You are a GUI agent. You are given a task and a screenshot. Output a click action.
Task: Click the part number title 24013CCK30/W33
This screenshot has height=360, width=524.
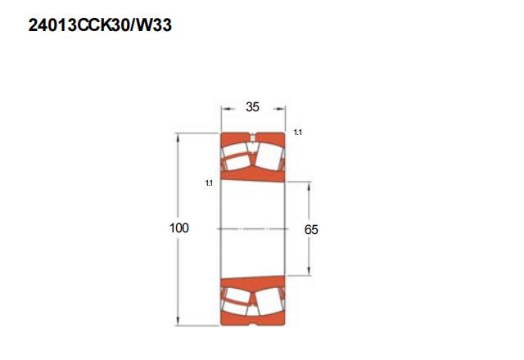coord(100,25)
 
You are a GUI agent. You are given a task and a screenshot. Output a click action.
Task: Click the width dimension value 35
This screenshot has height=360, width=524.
coord(252,107)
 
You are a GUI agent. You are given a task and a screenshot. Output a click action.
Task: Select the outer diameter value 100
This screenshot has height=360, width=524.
coord(179,227)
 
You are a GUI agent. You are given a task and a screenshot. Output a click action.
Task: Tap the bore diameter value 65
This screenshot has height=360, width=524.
coord(311,229)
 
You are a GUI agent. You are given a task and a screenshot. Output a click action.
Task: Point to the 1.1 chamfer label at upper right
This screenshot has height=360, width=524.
coord(298,133)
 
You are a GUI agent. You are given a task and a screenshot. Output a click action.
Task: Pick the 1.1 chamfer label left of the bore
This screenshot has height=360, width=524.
coord(209,183)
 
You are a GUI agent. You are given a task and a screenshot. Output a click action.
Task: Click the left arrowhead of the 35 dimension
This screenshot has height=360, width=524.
coord(226,109)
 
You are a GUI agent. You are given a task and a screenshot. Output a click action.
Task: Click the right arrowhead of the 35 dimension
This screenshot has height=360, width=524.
coord(280,109)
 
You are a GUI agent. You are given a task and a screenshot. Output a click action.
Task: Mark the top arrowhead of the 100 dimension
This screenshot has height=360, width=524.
coord(178,138)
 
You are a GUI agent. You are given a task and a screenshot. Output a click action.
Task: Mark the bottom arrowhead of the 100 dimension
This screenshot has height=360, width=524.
coord(178,320)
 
